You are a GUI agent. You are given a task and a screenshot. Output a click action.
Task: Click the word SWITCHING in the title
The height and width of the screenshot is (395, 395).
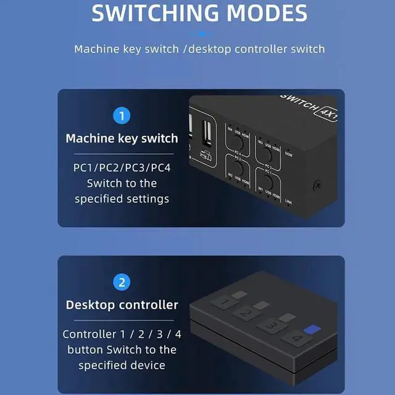[x=156, y=14]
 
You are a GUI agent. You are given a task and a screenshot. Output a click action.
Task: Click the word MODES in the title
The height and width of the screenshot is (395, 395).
[x=265, y=14]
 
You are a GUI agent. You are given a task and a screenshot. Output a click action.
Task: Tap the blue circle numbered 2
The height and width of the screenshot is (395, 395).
[x=122, y=283]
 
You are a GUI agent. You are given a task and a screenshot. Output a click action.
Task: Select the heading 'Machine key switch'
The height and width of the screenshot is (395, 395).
[x=122, y=138]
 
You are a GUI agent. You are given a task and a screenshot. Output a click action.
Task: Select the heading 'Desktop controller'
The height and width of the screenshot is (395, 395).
[x=122, y=305]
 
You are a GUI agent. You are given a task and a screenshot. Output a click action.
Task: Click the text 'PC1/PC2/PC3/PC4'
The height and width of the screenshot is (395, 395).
[x=122, y=168]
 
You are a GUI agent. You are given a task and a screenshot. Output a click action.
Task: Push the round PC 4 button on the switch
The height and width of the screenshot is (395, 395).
[x=237, y=135]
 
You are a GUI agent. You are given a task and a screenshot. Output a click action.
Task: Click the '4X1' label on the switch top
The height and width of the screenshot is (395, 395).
[x=326, y=112]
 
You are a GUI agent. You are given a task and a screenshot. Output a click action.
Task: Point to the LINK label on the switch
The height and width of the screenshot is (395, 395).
[x=289, y=201]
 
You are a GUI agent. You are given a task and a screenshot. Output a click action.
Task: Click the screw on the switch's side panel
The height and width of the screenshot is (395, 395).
[x=317, y=185]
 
